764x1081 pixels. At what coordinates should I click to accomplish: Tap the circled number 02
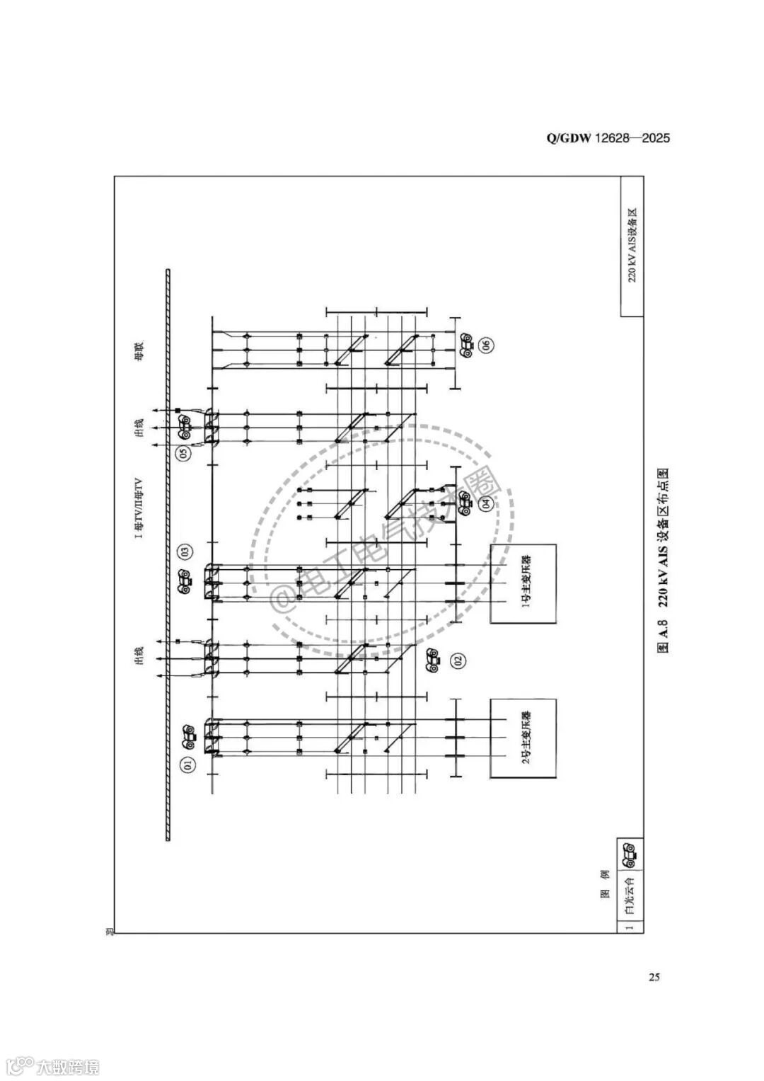coord(458,661)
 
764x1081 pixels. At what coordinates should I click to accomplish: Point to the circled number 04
coord(486,505)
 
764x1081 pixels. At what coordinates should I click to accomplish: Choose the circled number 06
coord(486,345)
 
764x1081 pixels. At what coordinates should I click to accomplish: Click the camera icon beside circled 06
coord(466,345)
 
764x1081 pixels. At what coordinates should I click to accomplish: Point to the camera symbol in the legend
coord(629,853)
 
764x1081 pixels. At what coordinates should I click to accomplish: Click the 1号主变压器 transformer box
coord(523,583)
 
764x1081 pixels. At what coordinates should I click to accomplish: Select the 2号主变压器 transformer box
coord(523,738)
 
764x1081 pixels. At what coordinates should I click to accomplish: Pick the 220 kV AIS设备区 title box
coord(632,246)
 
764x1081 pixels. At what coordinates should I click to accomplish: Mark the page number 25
coord(654,977)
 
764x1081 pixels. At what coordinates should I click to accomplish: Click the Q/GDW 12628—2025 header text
coord(608,138)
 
